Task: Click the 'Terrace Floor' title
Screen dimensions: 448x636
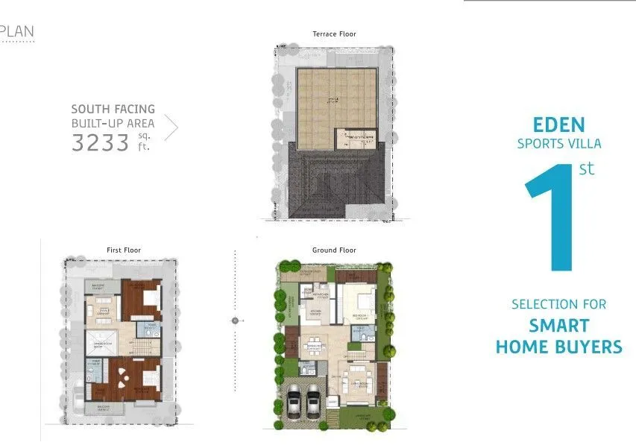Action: coord(334,34)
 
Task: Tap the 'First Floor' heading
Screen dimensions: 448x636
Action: coord(124,250)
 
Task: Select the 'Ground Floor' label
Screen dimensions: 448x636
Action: coord(334,250)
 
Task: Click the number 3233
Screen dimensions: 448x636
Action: coord(101,142)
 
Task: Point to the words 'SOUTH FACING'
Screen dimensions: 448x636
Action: coord(113,109)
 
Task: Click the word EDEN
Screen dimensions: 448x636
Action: coord(558,124)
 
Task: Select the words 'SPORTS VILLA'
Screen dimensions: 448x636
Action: coord(558,144)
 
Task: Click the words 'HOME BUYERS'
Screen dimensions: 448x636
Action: coord(558,347)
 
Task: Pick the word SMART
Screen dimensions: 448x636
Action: coord(558,326)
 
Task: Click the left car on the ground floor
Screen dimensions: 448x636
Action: coord(294,403)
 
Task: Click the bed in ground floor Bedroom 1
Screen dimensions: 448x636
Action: coord(365,301)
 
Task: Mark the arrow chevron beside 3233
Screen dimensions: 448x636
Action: coord(171,128)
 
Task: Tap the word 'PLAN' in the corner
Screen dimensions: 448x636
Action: coord(17,32)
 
